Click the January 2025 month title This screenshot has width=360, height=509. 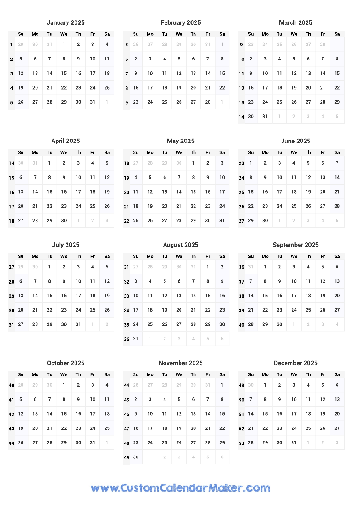[x=66, y=22]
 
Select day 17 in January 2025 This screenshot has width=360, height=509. [x=93, y=73]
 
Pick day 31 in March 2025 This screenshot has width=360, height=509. [x=265, y=116]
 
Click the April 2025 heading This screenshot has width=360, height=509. [x=66, y=141]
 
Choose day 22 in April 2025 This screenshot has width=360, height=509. [x=50, y=206]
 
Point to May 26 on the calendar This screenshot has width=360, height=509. [x=150, y=220]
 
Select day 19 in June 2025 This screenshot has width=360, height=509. [x=308, y=192]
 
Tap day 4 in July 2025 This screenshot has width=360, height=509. [x=93, y=267]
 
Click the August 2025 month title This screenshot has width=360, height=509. [x=180, y=245]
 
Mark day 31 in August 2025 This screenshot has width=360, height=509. [x=136, y=338]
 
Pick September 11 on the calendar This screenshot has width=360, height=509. [x=308, y=281]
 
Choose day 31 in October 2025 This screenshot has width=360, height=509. [x=93, y=442]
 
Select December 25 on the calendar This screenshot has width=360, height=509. [x=308, y=428]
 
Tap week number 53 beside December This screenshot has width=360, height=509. [x=241, y=443]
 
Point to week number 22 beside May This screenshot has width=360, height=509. [x=127, y=221]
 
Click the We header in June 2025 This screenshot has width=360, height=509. [x=294, y=152]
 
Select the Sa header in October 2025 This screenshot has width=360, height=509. [x=107, y=374]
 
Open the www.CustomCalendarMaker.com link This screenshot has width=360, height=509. [x=180, y=488]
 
